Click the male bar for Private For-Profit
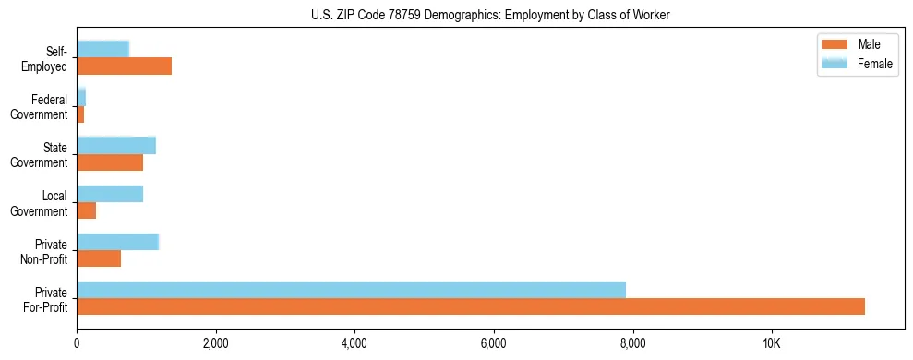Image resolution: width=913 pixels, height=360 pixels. pos(471,306)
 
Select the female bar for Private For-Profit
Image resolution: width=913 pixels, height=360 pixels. pos(351,290)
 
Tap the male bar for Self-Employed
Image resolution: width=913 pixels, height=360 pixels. pos(124,66)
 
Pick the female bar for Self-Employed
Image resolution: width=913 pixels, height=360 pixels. pos(102,49)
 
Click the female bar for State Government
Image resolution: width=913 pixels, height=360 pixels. pos(116,145)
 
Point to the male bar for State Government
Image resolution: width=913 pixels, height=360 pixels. pos(110,162)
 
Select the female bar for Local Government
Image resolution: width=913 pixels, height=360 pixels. pos(110,193)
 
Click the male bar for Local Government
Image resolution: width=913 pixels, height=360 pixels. pos(86,210)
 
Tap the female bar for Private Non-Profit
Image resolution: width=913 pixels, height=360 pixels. pos(118,242)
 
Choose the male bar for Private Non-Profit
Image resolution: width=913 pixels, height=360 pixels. pos(99,258)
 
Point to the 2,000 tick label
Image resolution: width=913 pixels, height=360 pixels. pos(215,344)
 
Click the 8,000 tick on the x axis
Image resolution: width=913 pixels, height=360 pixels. pos(633,344)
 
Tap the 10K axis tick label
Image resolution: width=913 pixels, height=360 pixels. pos(772,344)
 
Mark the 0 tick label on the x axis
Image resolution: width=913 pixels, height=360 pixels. pos(77,344)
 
